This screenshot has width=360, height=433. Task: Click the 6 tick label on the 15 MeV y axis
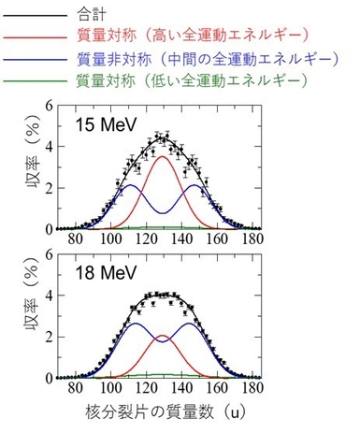point(47,107)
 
